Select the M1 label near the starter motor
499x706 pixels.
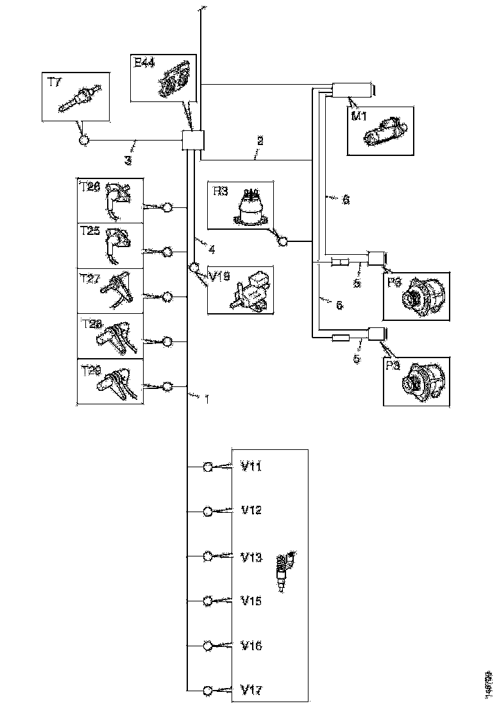358,116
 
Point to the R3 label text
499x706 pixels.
222,191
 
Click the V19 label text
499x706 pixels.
219,277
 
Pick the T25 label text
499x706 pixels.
90,231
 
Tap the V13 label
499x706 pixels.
251,557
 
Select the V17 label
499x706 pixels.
251,691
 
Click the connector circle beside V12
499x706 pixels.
208,512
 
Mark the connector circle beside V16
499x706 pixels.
208,645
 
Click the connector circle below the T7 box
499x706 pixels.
84,141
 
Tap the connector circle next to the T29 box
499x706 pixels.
168,386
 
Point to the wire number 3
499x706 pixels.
128,160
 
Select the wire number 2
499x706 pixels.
260,139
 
